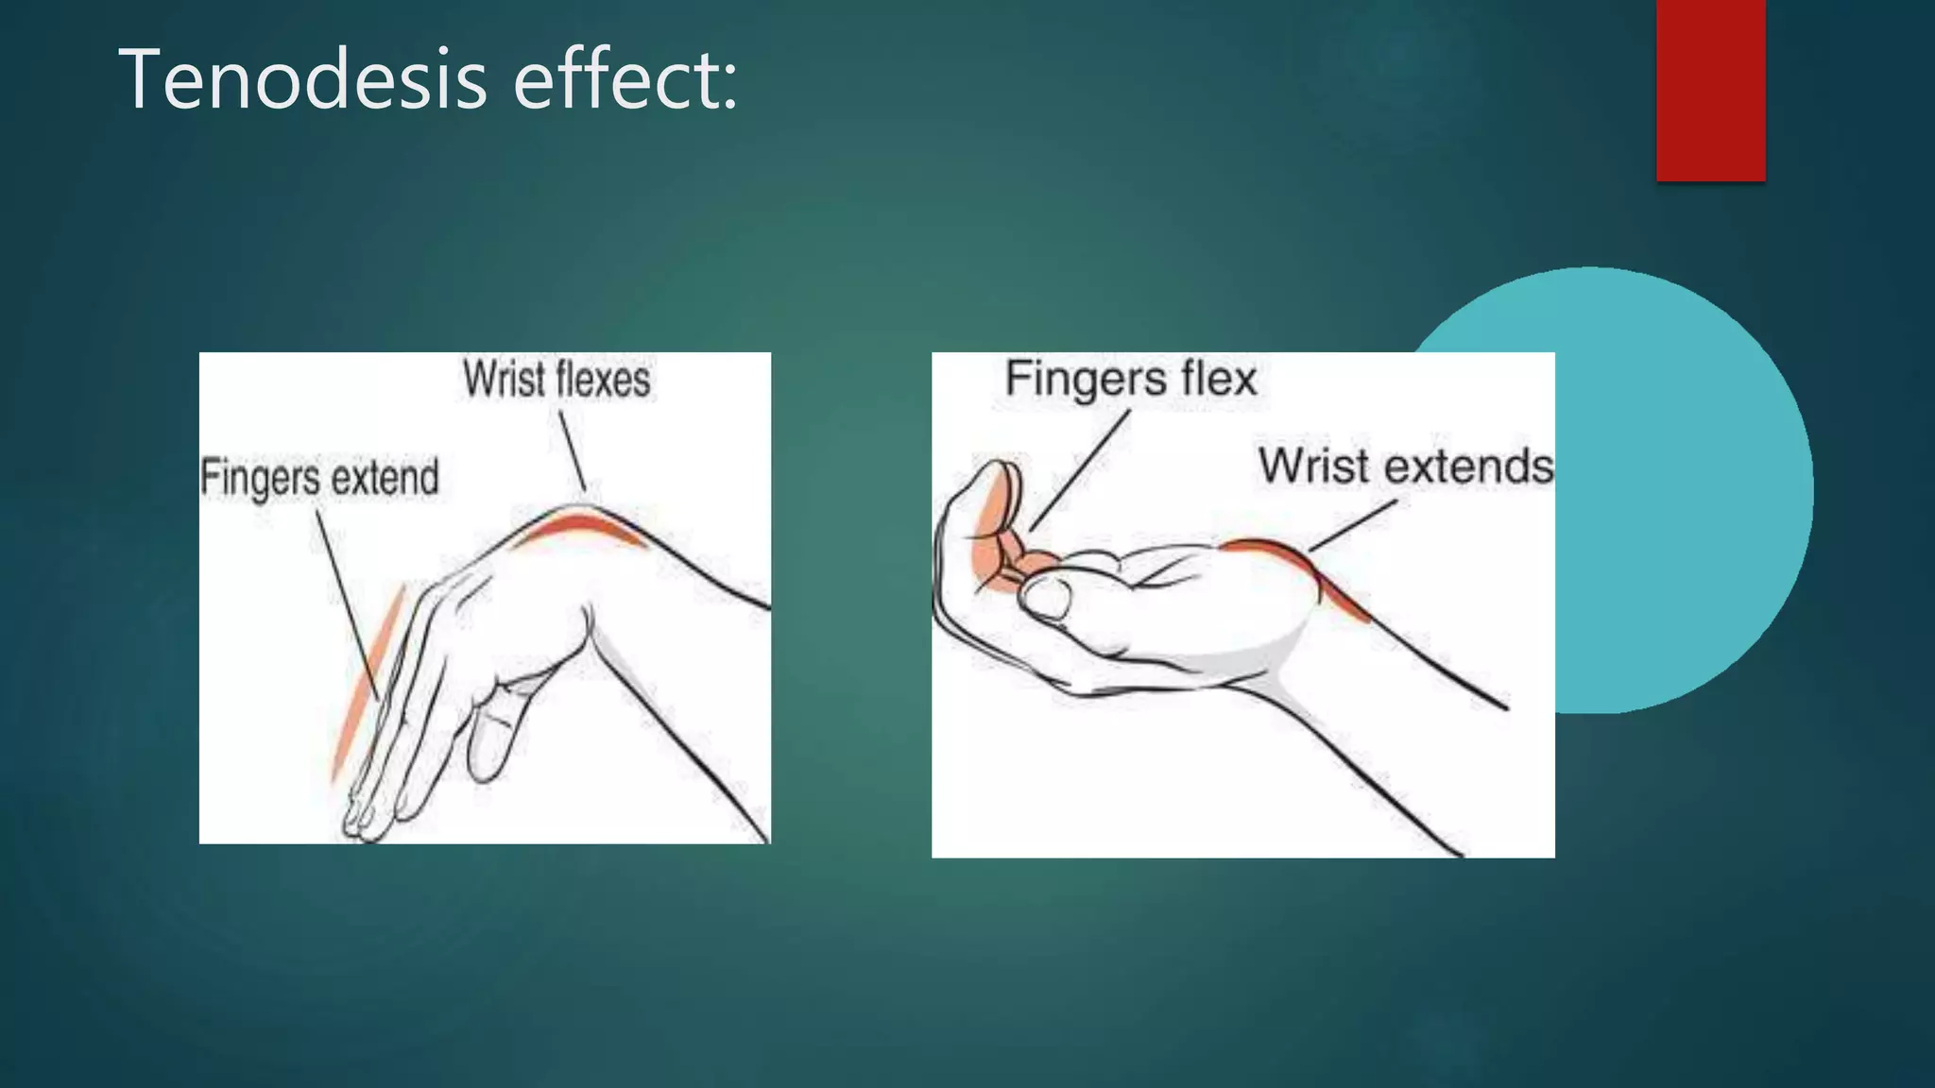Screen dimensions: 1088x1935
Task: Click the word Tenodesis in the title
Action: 302,79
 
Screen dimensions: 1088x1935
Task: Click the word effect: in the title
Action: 625,79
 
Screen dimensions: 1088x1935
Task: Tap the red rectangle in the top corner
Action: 1710,90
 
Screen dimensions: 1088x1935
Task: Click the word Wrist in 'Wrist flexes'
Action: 504,380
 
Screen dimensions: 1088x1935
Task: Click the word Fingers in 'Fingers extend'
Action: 261,478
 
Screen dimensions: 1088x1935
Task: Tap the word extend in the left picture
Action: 385,477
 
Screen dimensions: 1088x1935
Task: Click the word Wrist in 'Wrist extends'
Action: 1314,466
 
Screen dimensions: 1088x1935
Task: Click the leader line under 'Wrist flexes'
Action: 572,453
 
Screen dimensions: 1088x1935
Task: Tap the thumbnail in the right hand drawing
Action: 1047,598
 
